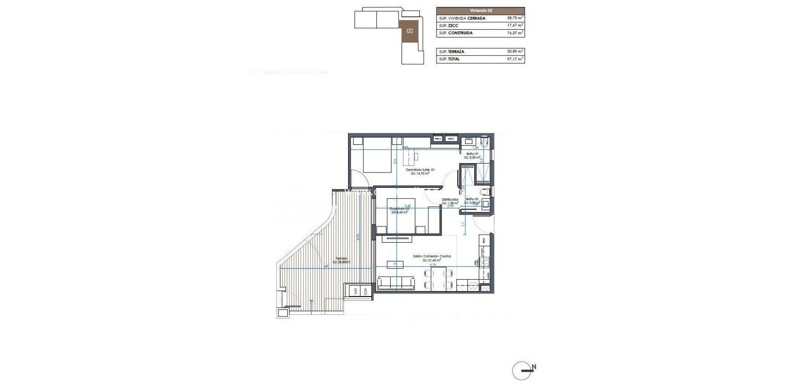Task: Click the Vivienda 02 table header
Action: point(480,10)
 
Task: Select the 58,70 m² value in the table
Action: point(515,18)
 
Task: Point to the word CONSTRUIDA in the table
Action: point(460,33)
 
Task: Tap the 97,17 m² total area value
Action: point(515,59)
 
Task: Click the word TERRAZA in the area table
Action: point(457,51)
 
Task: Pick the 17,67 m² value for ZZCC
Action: point(515,26)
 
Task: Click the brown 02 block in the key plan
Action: point(410,31)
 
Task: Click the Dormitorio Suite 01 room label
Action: point(420,170)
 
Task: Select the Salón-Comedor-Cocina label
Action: point(432,256)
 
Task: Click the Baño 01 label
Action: point(473,154)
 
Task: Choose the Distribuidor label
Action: point(450,200)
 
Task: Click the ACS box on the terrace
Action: point(365,292)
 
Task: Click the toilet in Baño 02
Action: point(485,192)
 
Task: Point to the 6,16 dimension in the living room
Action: point(433,265)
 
